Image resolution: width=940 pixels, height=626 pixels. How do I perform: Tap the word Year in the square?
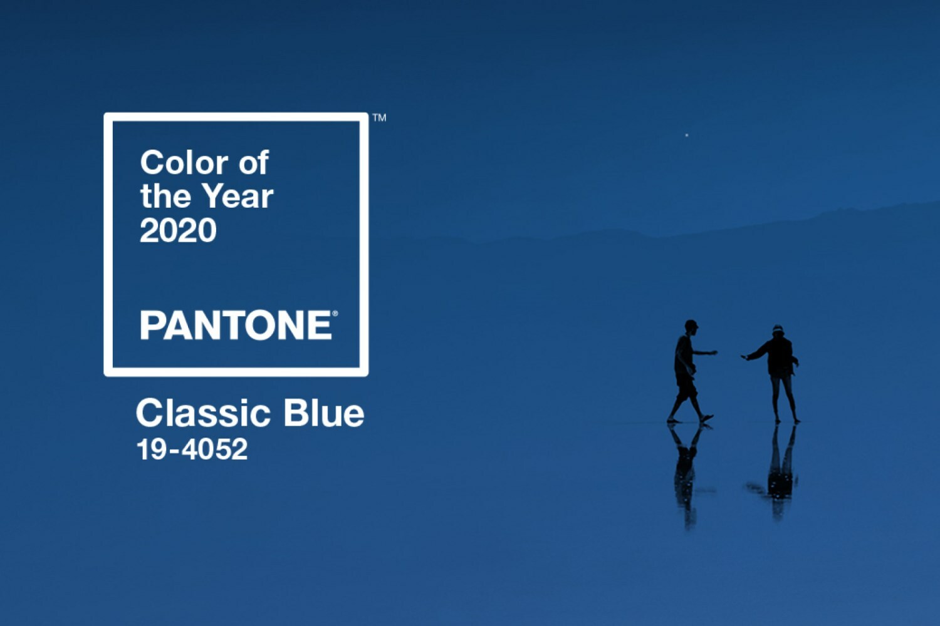coord(238,196)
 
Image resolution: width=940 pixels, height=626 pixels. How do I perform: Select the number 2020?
coord(178,230)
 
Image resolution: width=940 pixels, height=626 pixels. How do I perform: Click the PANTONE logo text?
coord(236,325)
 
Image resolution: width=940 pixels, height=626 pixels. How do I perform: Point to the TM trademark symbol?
coord(379,118)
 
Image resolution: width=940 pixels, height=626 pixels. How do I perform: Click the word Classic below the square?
coord(203,413)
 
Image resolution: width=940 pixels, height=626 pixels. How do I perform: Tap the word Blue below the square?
coord(323,413)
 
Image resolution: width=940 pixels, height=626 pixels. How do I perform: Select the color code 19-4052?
coord(192,449)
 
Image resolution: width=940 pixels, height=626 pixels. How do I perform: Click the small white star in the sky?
coord(687,135)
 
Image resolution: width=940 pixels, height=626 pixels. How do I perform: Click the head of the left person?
coord(691,327)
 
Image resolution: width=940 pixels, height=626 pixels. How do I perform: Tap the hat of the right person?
coord(778,329)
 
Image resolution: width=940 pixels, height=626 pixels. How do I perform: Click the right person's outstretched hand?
coord(745,357)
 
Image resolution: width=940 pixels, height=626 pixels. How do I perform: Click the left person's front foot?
coord(707,418)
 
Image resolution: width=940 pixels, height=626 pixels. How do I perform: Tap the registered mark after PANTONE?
coord(335,313)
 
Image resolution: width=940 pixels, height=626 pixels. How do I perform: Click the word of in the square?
coord(253,163)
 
